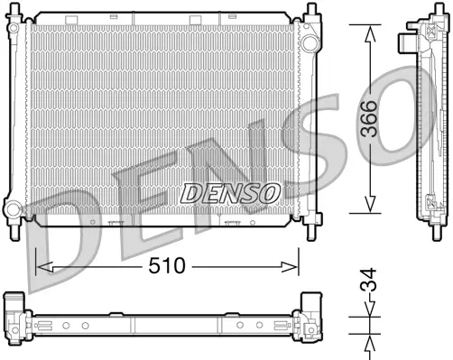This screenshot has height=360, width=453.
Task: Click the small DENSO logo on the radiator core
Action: (x=230, y=191)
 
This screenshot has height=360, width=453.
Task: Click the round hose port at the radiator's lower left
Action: (x=13, y=209)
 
